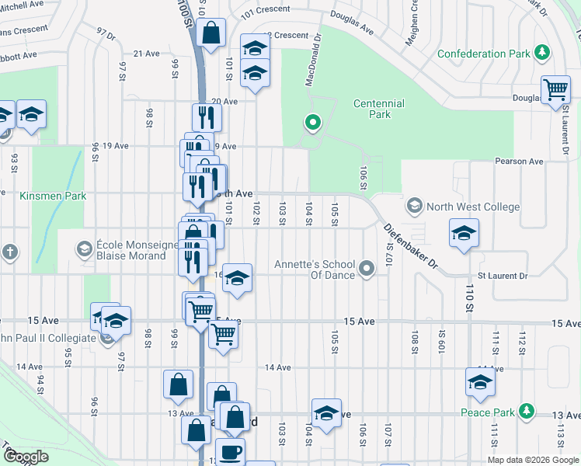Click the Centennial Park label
378,109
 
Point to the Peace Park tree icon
527,411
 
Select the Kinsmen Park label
54,196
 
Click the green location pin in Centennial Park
313,122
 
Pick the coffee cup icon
229,450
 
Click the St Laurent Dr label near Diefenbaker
502,276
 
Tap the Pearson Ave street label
519,162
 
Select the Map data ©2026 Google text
532,460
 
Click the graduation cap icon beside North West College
463,232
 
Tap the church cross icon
9,252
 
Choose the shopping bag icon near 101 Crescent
210,33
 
